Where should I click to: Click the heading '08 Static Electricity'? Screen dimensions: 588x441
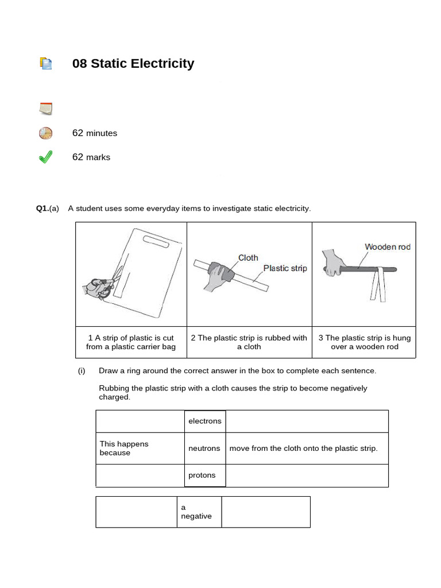click(x=133, y=64)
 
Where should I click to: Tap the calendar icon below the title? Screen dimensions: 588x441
click(x=45, y=108)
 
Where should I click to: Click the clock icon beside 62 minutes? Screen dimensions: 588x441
click(x=45, y=133)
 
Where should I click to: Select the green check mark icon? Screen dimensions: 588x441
click(x=45, y=157)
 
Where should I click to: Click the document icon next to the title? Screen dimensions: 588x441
click(x=45, y=64)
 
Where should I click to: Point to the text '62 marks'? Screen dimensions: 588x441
click(x=91, y=157)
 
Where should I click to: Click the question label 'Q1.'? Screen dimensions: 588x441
click(x=42, y=208)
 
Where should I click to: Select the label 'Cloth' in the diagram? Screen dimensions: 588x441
click(x=248, y=258)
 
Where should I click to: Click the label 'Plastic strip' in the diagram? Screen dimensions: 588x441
click(x=285, y=268)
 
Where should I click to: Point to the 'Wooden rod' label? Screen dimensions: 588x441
click(x=388, y=247)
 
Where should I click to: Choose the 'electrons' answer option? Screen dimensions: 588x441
click(x=204, y=421)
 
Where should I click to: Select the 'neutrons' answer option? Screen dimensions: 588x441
click(x=204, y=448)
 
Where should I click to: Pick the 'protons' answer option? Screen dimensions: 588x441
click(x=202, y=475)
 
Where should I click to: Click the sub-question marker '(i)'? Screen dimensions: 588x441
click(x=82, y=371)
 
